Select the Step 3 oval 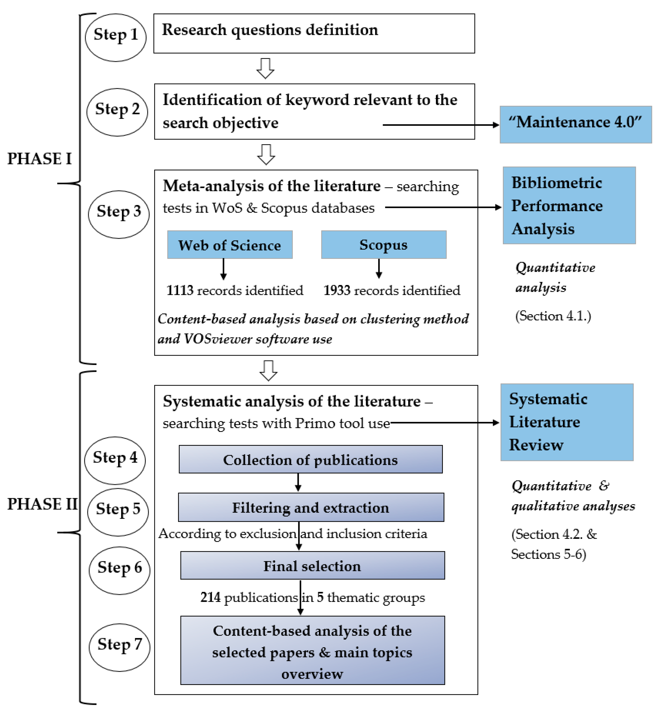coord(118,214)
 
